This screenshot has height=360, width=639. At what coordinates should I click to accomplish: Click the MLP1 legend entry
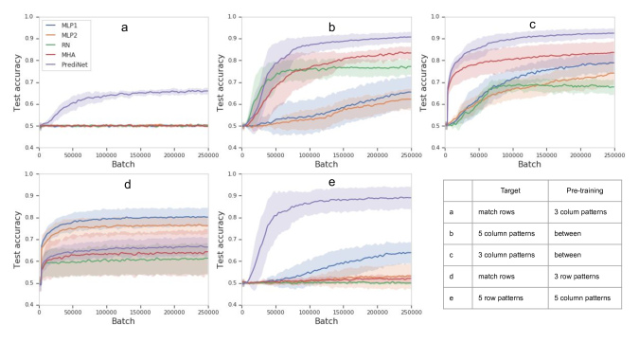62,21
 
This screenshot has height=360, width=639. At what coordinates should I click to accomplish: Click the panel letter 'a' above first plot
124,27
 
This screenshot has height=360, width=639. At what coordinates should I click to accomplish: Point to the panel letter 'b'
332,28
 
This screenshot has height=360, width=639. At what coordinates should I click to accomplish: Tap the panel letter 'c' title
533,24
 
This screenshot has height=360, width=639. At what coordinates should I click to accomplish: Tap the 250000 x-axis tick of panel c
614,154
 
